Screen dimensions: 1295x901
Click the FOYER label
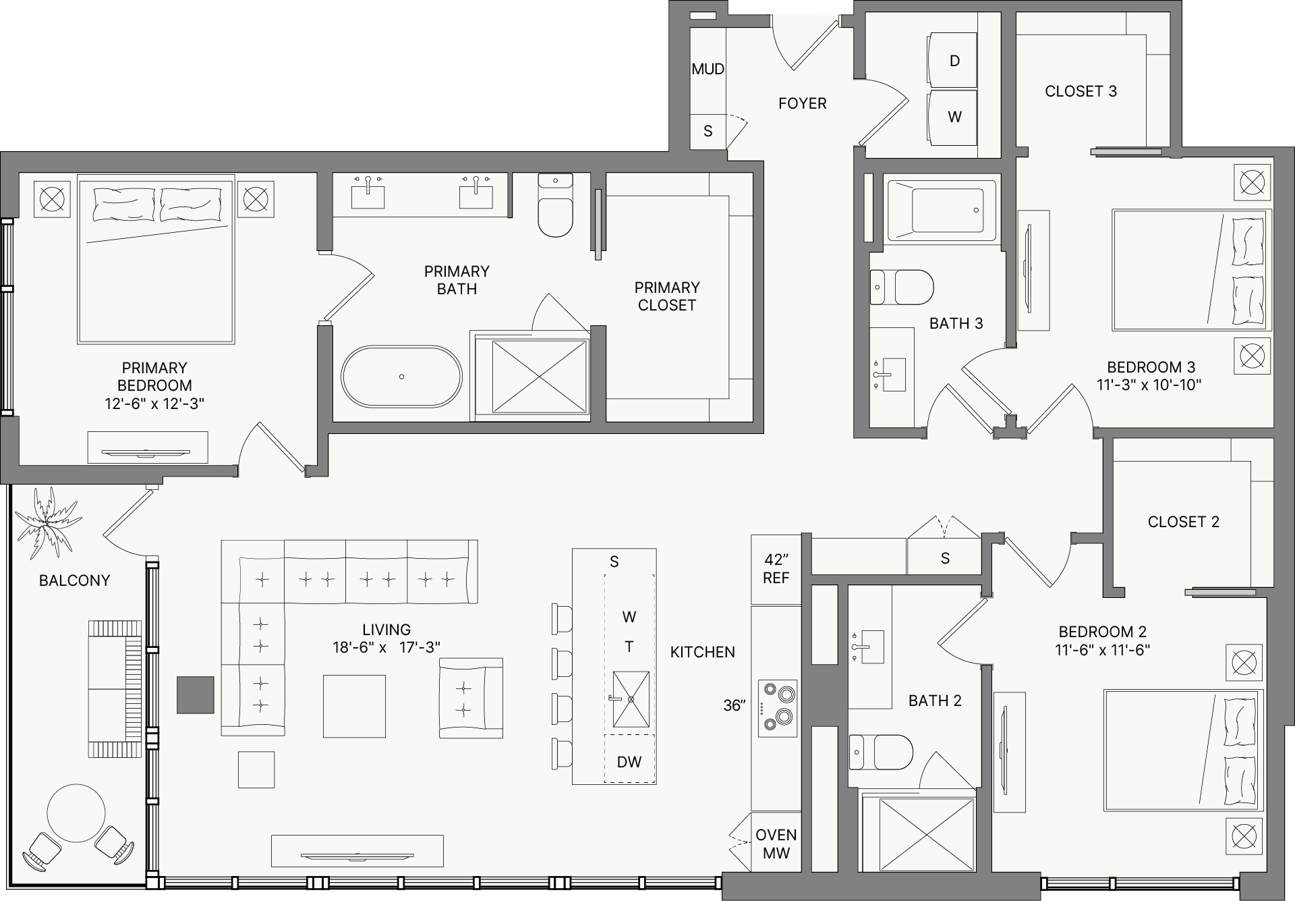tap(802, 103)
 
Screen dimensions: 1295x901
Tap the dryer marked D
tap(952, 60)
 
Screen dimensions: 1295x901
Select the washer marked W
tap(952, 117)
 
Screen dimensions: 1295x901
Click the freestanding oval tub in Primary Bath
tap(401, 377)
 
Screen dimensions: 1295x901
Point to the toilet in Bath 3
tap(902, 288)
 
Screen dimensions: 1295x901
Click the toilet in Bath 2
tap(881, 752)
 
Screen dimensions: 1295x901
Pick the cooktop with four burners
tap(778, 708)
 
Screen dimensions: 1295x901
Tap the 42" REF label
tap(776, 569)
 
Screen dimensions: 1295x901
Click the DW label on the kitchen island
tap(629, 762)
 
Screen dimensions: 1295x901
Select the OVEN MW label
tap(776, 844)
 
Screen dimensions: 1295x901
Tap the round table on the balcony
tap(76, 813)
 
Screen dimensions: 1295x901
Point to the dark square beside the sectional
tap(196, 695)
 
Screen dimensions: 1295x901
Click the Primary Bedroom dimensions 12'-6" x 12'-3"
tap(154, 404)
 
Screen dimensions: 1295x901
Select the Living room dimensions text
tap(386, 647)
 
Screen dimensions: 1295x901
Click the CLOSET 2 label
tap(1184, 522)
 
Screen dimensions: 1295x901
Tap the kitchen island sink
tap(631, 699)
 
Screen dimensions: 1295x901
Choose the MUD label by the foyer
tap(708, 69)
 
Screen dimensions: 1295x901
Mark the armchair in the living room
tap(471, 698)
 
